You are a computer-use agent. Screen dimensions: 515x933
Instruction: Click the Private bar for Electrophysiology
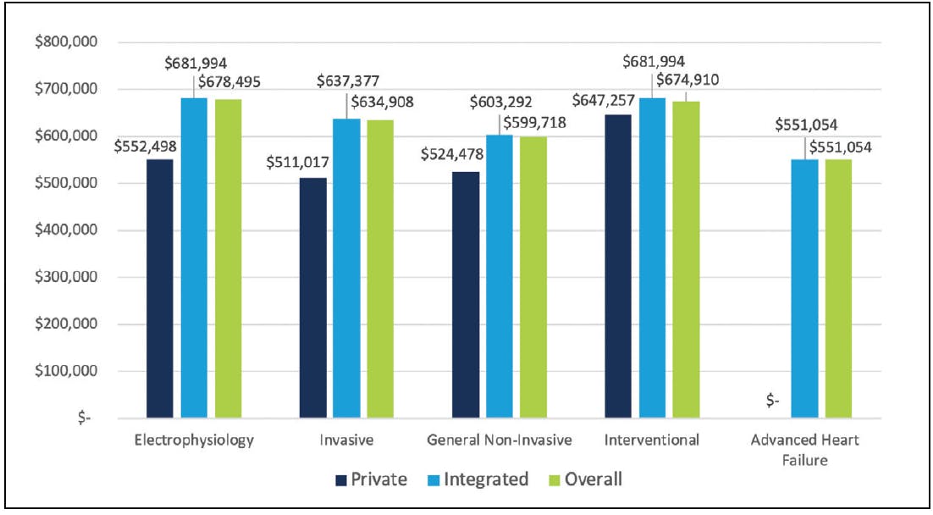click(x=160, y=288)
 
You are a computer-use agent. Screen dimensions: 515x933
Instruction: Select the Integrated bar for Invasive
click(x=347, y=268)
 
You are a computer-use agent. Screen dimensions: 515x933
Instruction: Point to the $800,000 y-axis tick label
click(x=64, y=42)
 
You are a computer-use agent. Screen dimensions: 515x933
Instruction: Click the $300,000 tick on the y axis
click(x=64, y=277)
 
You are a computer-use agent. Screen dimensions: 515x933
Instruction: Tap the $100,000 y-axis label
click(x=64, y=371)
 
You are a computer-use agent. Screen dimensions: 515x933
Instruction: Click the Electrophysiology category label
click(x=194, y=440)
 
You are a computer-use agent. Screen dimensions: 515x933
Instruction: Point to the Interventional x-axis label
click(x=652, y=440)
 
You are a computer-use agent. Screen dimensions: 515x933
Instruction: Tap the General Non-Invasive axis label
click(x=500, y=440)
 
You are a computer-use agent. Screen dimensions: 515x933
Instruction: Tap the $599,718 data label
click(x=535, y=123)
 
